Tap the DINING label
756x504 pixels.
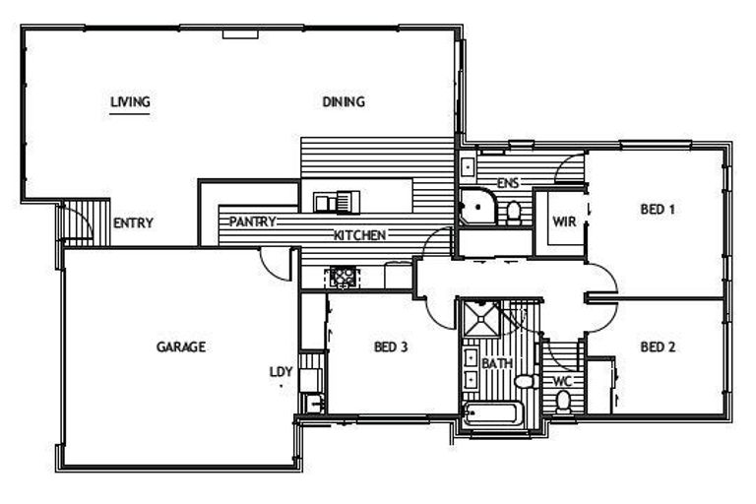344,100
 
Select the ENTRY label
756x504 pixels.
133,223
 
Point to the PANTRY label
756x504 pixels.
252,221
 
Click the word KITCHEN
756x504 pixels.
359,235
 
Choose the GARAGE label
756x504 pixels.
181,346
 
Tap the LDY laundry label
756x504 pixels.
282,371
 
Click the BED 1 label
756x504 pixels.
658,209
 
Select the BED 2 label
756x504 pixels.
657,346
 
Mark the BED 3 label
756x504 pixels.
391,346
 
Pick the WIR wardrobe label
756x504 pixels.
564,221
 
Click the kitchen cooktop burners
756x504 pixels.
344,277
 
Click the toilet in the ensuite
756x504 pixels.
513,213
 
